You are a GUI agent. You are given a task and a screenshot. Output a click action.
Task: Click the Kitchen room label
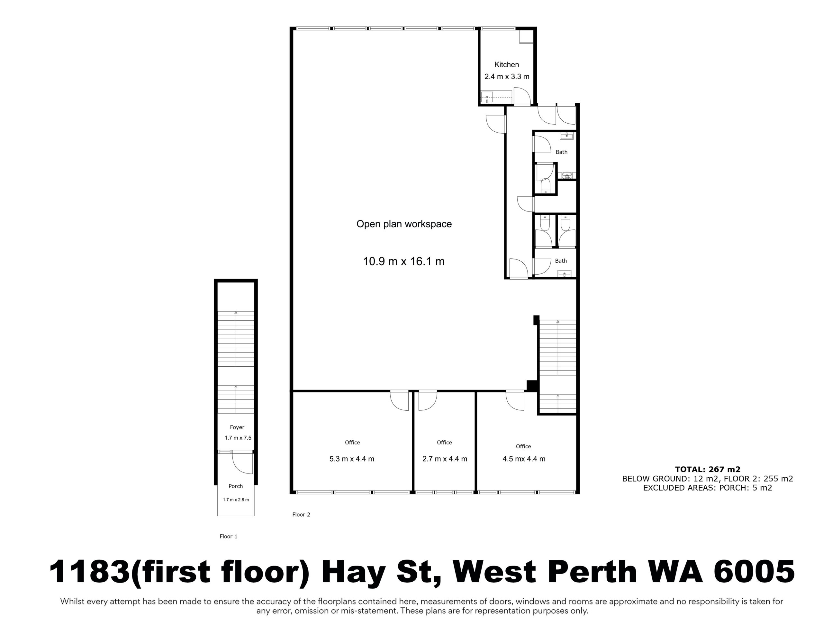[506, 64]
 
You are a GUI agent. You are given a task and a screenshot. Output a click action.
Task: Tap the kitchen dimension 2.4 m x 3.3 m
[507, 77]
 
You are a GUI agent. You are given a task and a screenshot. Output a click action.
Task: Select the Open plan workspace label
[404, 224]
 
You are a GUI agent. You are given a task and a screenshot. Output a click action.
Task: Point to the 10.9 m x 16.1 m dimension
[404, 261]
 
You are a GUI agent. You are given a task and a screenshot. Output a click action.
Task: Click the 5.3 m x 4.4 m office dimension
[352, 459]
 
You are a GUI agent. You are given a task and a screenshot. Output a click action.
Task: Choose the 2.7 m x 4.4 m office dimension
[445, 459]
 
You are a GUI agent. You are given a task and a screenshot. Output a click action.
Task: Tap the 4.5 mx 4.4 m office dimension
[524, 459]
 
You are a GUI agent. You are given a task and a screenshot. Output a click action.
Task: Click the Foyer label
[237, 427]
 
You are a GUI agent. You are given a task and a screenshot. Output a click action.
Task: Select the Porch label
[236, 486]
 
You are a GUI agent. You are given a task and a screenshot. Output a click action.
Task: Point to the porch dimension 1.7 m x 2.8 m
[236, 500]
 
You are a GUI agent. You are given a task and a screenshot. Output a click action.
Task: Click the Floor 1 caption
[229, 537]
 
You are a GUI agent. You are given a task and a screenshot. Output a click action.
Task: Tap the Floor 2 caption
[301, 514]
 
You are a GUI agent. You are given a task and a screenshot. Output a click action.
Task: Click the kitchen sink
[487, 98]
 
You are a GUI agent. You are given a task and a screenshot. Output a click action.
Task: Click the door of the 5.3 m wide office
[399, 401]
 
